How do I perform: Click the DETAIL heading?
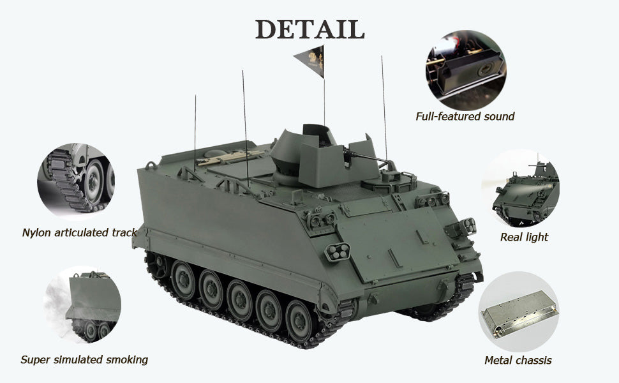[x=309, y=29]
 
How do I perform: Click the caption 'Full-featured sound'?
[x=465, y=116]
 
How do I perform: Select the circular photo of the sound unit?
[x=466, y=71]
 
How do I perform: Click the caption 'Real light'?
[x=524, y=237]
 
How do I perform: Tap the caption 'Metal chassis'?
[x=518, y=360]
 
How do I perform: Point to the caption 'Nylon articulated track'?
[x=79, y=232]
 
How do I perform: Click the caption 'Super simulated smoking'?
[x=84, y=360]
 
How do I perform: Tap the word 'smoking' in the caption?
[x=127, y=360]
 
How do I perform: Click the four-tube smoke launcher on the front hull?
[x=338, y=252]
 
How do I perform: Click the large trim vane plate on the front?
[x=399, y=243]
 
